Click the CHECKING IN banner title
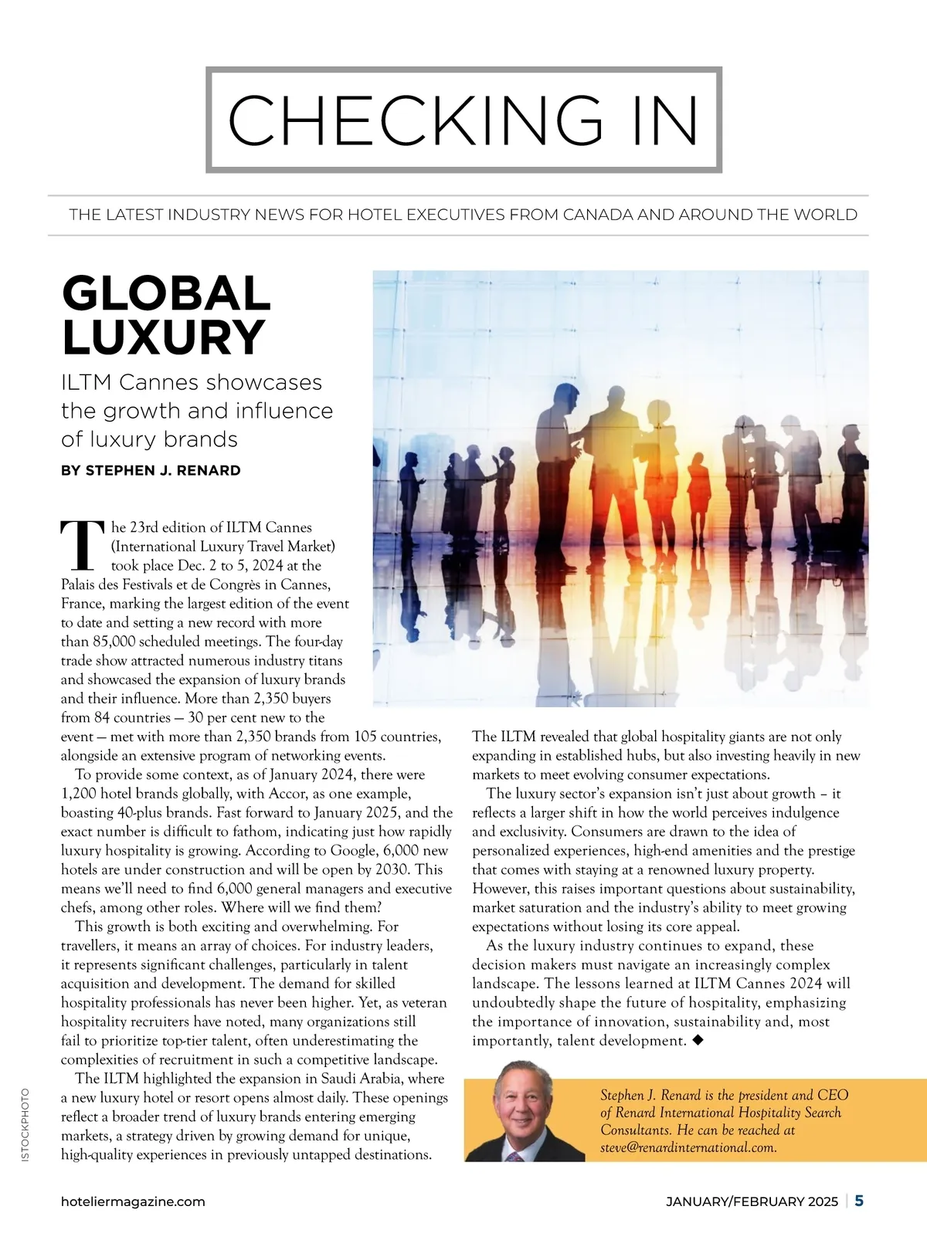click(x=463, y=120)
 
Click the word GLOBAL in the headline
click(x=166, y=294)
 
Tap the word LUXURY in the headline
click(x=164, y=337)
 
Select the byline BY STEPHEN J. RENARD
click(x=151, y=470)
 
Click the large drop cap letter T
click(x=81, y=544)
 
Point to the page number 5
click(x=859, y=1201)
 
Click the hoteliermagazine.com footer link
click(x=133, y=1201)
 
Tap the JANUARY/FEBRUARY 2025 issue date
click(x=752, y=1201)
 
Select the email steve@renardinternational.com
click(x=688, y=1147)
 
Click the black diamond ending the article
click(x=698, y=1040)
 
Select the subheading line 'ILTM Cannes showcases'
click(x=192, y=382)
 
